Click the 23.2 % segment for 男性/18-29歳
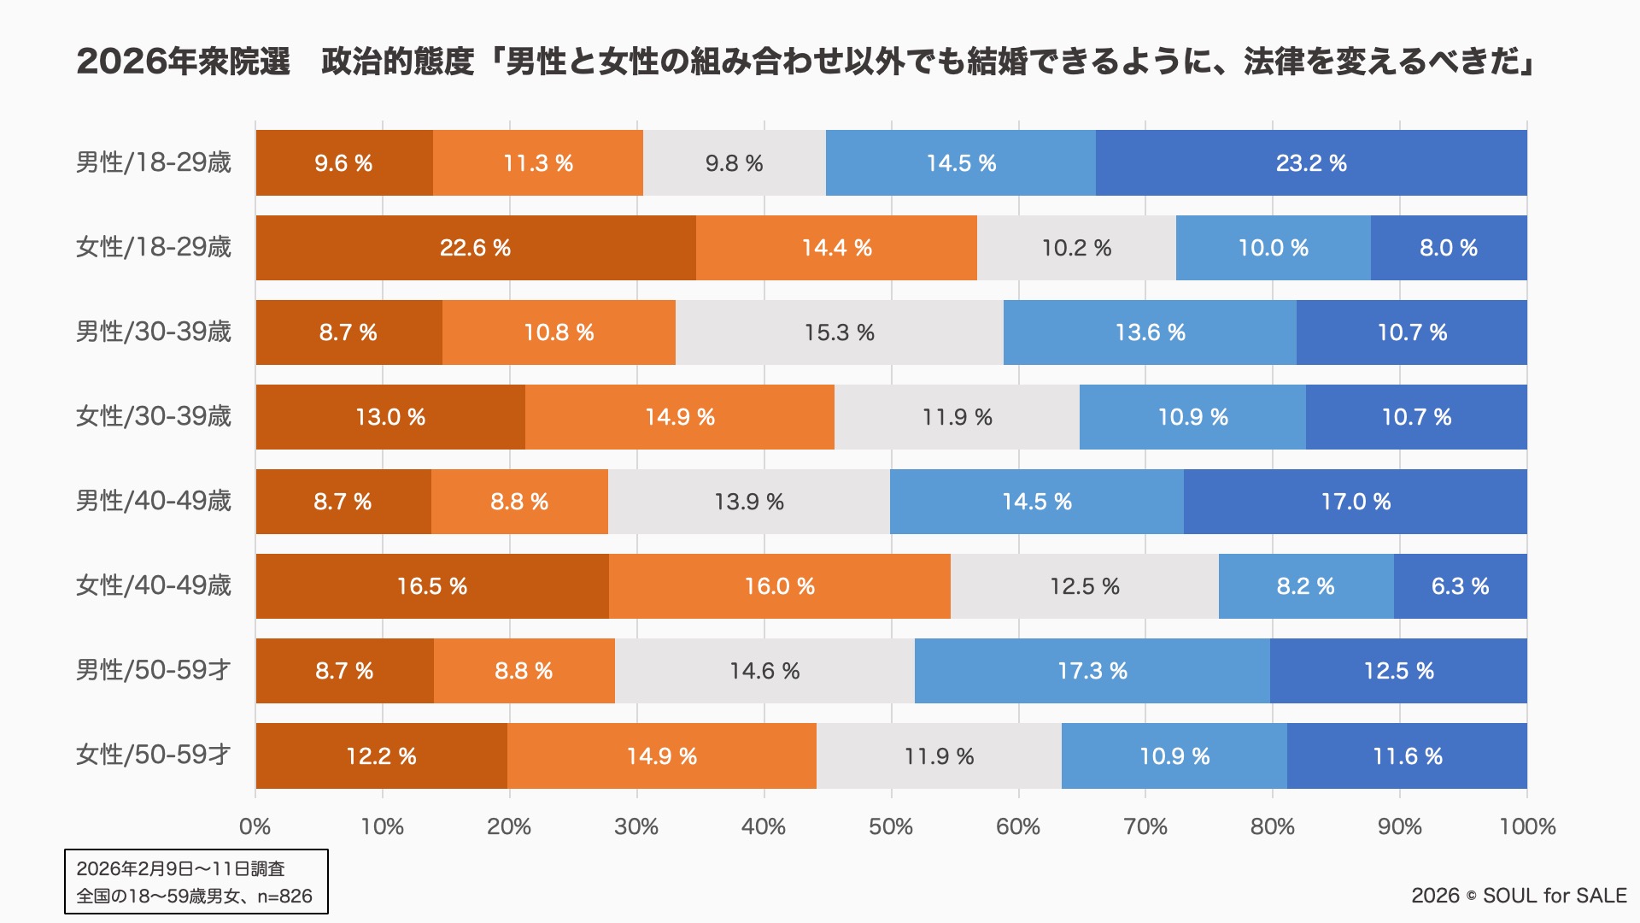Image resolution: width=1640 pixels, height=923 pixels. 1311,163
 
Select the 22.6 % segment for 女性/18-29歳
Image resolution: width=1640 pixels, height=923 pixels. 476,248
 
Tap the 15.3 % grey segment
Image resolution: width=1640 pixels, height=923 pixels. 839,332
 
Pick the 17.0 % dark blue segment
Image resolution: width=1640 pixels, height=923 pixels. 1356,502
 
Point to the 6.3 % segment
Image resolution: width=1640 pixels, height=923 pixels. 1460,586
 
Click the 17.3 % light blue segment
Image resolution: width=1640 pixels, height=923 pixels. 1092,671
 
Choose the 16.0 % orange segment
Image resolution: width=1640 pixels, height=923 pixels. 779,586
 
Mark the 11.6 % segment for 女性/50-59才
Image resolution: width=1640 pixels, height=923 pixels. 1407,756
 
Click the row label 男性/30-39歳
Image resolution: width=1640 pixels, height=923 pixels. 154,332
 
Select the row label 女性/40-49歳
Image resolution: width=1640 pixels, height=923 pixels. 154,585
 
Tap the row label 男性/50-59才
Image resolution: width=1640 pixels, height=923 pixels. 154,670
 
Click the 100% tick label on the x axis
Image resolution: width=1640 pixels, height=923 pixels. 1527,826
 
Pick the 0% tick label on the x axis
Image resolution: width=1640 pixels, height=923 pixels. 255,826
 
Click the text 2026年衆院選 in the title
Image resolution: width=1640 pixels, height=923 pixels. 184,62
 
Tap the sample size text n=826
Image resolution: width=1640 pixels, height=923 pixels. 284,896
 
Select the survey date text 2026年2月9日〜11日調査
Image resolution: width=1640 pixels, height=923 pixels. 180,868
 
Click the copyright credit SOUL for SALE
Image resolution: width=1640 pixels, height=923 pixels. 1555,896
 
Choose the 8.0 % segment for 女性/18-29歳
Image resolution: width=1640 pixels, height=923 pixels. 1449,248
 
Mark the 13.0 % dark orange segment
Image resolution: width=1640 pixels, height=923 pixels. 390,417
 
